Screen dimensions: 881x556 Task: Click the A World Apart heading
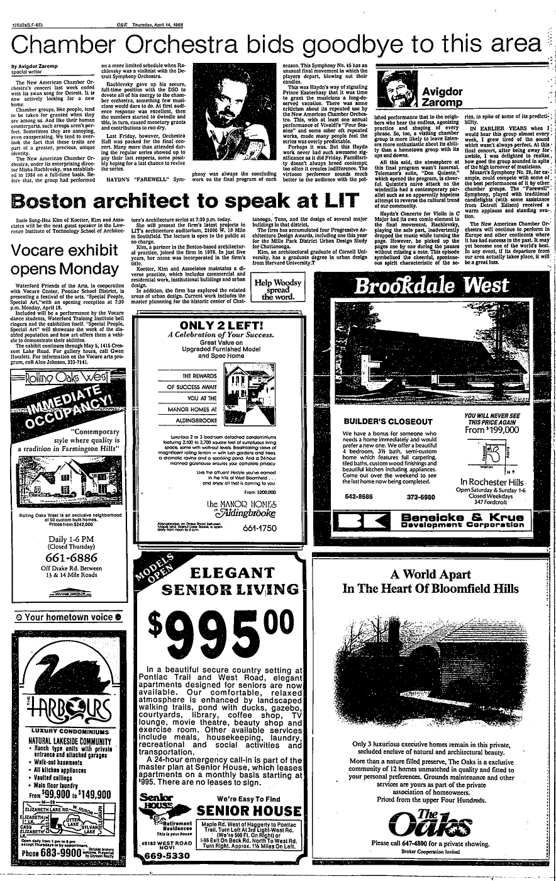439,574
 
